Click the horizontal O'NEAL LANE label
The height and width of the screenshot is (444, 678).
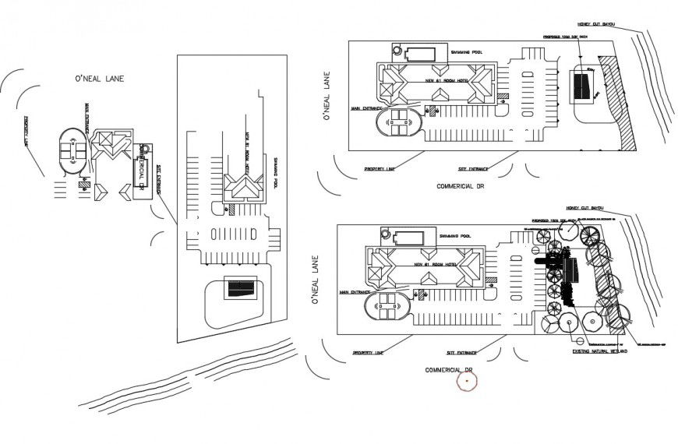tap(99, 79)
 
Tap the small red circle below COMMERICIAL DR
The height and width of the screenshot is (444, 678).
tap(467, 382)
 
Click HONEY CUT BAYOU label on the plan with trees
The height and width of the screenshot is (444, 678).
tap(587, 208)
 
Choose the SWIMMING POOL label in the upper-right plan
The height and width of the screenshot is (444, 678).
tap(467, 52)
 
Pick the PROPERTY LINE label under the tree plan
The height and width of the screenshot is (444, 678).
tap(368, 353)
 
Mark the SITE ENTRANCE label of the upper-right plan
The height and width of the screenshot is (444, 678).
tap(475, 167)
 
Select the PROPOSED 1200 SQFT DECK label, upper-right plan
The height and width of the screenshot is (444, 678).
tap(567, 37)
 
